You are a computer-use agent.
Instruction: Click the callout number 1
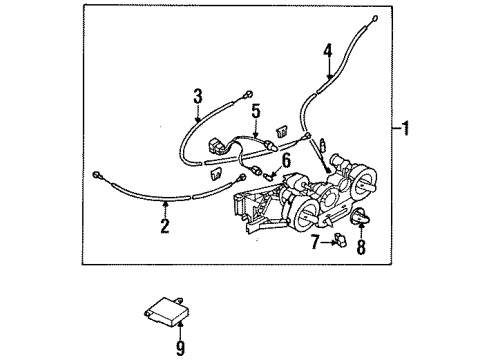[x=405, y=129]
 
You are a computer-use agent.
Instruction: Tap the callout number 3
[x=197, y=96]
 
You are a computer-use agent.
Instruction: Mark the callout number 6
[x=287, y=161]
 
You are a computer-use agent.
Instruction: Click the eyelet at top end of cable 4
[x=373, y=18]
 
